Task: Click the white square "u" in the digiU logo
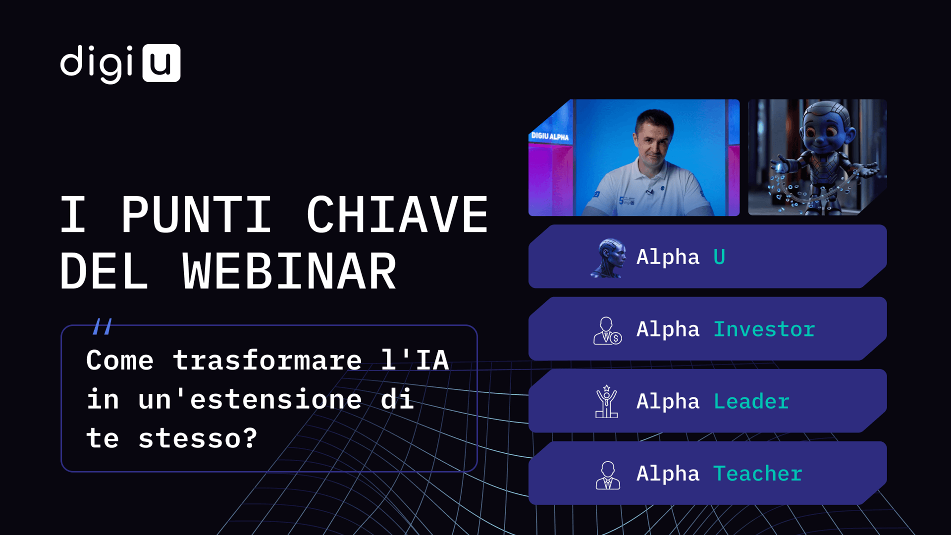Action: (x=161, y=63)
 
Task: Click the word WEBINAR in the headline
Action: (x=289, y=271)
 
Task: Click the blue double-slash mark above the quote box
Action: (x=103, y=326)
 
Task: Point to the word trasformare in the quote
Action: (x=267, y=360)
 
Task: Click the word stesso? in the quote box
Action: (x=198, y=438)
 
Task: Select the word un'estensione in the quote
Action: (x=250, y=399)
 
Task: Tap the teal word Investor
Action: (x=764, y=329)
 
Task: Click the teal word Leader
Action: (x=751, y=402)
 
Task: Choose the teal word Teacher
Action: (x=758, y=474)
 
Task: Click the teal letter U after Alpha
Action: (x=719, y=257)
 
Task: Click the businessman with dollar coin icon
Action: (x=607, y=330)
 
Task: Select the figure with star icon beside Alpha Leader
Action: (x=606, y=402)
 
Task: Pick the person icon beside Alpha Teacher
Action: (x=608, y=475)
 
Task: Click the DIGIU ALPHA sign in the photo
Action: (x=550, y=136)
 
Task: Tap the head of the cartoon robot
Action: (x=826, y=127)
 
